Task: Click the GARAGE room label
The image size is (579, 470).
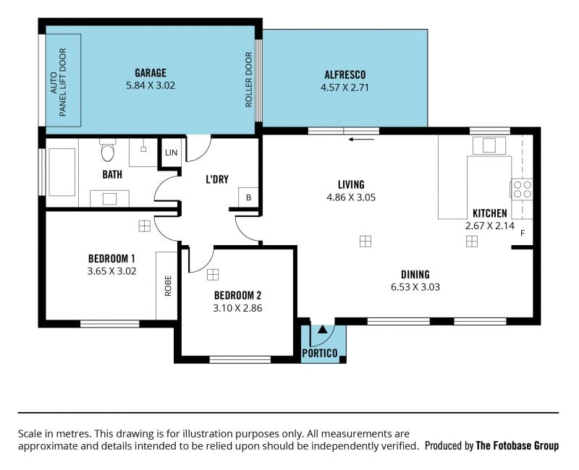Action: coord(151,73)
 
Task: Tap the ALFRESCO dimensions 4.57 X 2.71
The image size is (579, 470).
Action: coord(345,87)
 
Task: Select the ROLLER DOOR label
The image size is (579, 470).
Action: coord(248,80)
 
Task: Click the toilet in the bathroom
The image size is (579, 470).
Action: coord(107,150)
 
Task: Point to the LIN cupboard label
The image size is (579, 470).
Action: coord(171,153)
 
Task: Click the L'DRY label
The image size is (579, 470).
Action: coord(217,179)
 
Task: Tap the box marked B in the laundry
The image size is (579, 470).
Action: coord(248,197)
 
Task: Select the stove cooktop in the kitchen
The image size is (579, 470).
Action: coord(522,189)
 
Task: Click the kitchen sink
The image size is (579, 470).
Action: coord(489,145)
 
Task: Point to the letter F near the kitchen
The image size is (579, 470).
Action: coord(523,233)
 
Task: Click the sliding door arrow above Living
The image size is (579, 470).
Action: coord(361,140)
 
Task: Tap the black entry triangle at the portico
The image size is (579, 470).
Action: coord(322,329)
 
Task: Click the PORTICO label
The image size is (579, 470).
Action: coord(320,354)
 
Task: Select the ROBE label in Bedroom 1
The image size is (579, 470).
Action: coord(168,286)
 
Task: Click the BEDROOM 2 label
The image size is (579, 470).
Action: coord(237,295)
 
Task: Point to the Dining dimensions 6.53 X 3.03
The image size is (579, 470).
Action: coord(415,287)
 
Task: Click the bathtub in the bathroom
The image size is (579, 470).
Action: coord(62,172)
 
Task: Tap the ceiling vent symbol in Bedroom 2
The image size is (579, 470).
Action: coord(213,275)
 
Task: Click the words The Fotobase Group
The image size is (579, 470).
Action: coord(517,445)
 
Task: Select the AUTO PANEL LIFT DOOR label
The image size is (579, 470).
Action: coord(58,82)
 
